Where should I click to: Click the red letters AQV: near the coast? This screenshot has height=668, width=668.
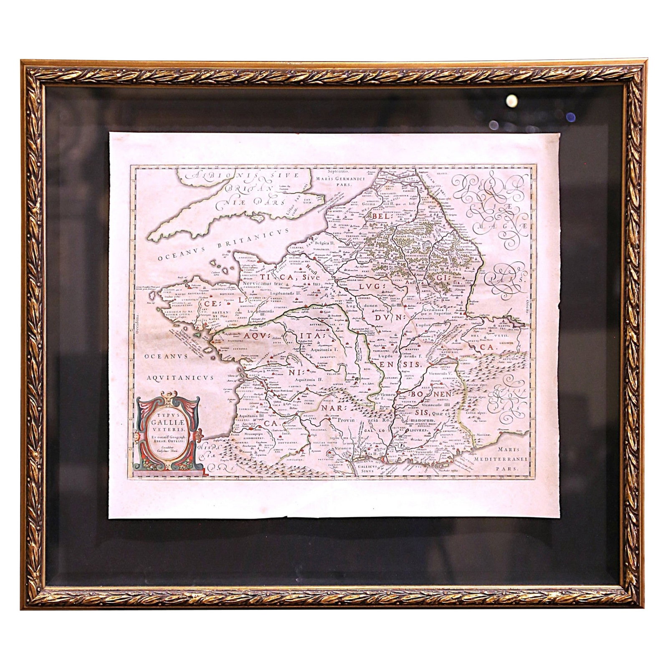258,335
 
